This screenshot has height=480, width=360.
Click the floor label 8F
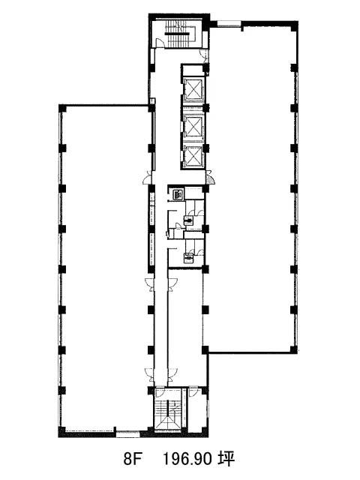pos(133,460)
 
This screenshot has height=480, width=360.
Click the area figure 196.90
pos(187,460)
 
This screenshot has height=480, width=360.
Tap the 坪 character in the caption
pos(226,459)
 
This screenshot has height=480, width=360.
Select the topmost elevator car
pos(193,90)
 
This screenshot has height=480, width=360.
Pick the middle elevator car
pos(193,126)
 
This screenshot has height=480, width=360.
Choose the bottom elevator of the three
pos(193,156)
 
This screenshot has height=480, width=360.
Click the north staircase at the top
pos(181,34)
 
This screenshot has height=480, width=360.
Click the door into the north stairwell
pos(159,43)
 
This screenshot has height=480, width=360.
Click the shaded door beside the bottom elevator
pos(210,178)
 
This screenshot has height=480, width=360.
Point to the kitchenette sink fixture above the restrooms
pos(178,194)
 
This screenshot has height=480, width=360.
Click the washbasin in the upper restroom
pos(188,220)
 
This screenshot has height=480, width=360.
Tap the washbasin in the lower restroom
pos(188,258)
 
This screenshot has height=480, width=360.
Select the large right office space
pos(250,187)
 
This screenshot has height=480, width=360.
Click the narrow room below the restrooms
pos(185,326)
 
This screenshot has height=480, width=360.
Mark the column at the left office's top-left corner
pos(62,108)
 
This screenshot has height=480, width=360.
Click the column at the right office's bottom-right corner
pos(294,349)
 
